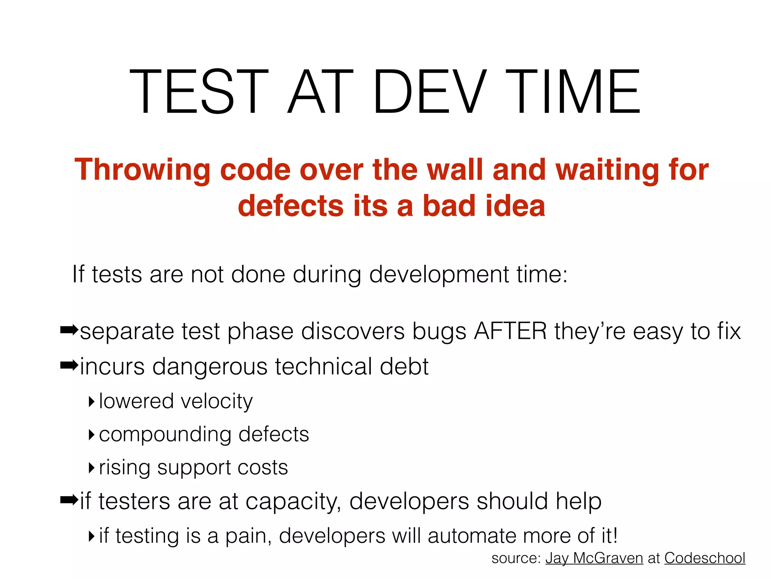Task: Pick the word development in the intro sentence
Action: tap(439, 274)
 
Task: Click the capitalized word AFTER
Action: tap(510, 331)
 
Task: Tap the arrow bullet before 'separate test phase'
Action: tap(69, 331)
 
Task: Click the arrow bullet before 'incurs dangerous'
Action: tap(69, 365)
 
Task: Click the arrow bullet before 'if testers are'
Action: tap(69, 500)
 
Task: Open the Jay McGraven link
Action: tap(594, 558)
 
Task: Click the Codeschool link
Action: tap(704, 558)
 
